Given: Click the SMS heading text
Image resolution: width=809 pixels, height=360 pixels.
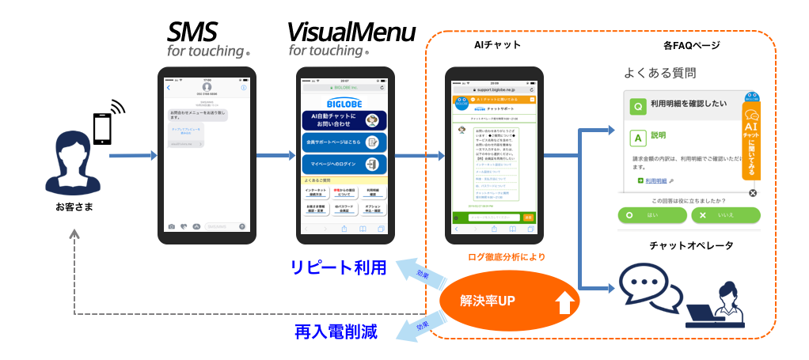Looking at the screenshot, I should click(192, 32).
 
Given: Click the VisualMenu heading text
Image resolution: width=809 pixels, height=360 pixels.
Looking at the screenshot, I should click(351, 32).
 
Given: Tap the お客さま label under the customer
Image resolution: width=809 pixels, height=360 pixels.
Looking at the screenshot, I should click(74, 207).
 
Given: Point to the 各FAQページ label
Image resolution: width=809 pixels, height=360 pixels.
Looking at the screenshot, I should click(690, 45).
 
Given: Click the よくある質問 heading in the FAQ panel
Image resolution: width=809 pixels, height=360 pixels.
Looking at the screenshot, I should click(660, 74).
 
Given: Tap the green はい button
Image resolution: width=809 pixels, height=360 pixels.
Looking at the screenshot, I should click(651, 214).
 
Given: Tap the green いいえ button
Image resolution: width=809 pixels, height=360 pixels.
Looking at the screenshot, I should click(725, 214).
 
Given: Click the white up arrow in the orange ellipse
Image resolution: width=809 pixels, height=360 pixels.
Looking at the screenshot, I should click(564, 305).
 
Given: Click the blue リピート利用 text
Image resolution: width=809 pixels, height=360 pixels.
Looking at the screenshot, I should click(337, 267).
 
